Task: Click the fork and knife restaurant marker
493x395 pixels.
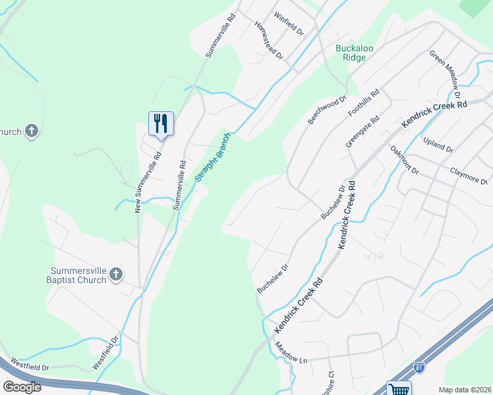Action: [161, 124]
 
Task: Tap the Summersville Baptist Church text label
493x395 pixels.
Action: [78, 275]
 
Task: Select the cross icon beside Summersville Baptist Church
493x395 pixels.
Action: [116, 274]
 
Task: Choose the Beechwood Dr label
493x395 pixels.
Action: [327, 111]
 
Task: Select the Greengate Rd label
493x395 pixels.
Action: [362, 132]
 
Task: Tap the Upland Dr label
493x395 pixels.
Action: [439, 145]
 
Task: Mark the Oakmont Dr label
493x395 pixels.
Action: [404, 160]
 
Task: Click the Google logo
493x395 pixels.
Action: [21, 386]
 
